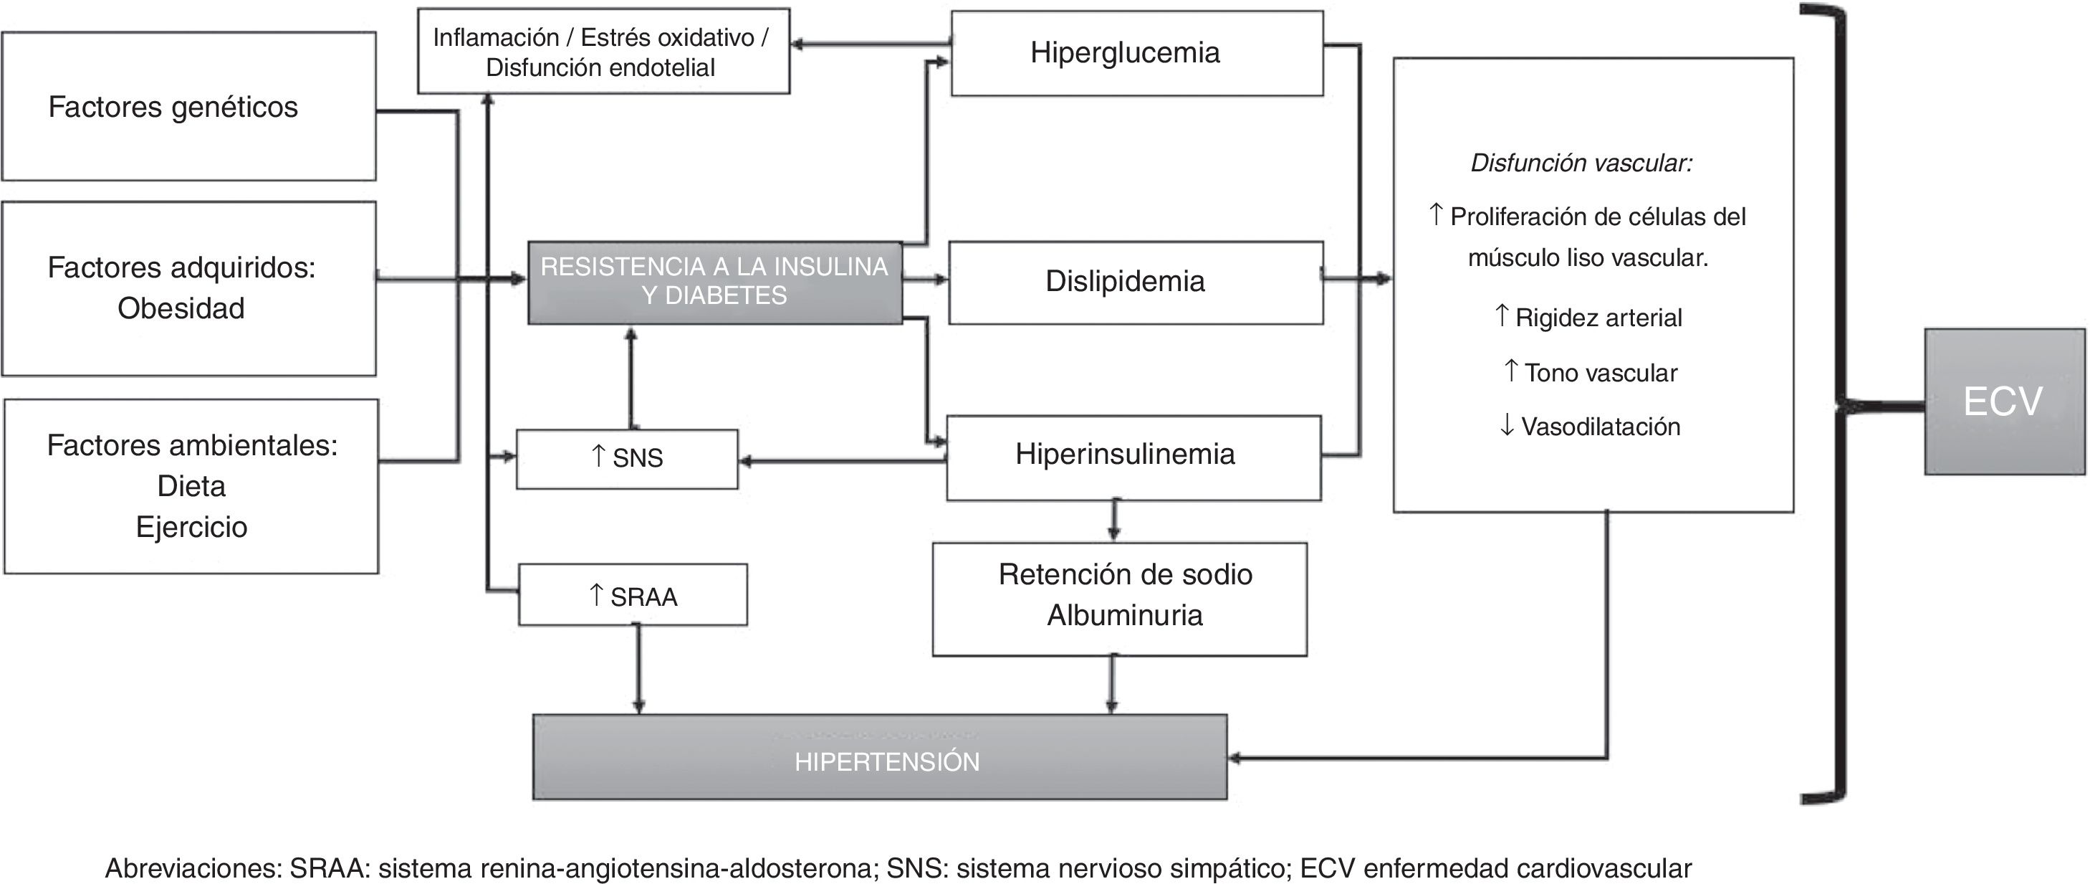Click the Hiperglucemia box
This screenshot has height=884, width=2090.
[1136, 53]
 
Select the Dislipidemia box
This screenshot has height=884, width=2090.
[1135, 282]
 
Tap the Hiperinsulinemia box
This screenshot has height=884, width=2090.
[1133, 456]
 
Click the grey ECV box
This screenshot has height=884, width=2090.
[2004, 401]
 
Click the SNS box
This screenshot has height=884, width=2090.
[627, 459]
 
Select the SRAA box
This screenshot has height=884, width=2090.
[633, 595]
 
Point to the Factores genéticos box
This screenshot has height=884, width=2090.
[188, 106]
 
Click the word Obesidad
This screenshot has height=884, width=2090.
[181, 308]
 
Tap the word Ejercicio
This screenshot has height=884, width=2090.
[191, 527]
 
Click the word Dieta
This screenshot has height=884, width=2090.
[191, 486]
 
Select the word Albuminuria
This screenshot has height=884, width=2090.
[1124, 615]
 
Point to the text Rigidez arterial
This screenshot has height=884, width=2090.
[1598, 318]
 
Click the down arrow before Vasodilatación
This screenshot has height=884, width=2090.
[1507, 424]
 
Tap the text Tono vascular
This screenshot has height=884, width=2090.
[1600, 373]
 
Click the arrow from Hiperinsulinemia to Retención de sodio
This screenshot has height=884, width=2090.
[1114, 521]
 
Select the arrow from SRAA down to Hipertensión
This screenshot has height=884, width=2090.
[638, 669]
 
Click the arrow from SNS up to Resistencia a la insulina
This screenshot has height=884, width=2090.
[631, 376]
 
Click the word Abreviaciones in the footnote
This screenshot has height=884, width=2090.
[193, 868]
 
